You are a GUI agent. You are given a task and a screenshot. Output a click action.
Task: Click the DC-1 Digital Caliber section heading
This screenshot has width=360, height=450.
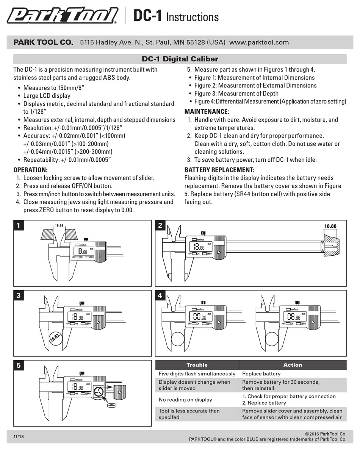coord(180,59)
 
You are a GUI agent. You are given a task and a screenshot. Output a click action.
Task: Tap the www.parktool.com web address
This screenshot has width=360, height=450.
coord(259,42)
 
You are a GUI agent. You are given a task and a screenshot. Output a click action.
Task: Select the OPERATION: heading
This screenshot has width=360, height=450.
coord(30,170)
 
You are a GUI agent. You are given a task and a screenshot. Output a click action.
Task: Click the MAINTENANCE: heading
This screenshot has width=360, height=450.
coord(207,112)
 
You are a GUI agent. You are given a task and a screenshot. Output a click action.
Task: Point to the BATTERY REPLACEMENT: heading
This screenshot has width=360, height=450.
coord(219,170)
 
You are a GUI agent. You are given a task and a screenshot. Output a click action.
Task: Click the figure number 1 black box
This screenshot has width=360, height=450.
coord(18,226)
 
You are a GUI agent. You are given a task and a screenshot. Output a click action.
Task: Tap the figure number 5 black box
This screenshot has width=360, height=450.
coord(18,366)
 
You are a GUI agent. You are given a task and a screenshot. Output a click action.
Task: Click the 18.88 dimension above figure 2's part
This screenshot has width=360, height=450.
coord(330,226)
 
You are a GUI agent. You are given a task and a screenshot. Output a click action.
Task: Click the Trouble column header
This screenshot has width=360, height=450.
coord(197,365)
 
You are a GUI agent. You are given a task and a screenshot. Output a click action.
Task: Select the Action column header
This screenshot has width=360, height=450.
coord(293,365)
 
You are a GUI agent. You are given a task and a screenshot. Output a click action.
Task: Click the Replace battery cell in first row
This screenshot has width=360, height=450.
coord(261,374)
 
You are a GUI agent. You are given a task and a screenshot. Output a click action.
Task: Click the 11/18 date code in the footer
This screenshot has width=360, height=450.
coord(19,437)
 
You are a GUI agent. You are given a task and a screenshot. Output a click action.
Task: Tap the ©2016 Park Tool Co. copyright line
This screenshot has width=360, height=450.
coord(326,433)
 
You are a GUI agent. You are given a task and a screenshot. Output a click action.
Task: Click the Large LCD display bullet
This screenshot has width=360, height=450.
coord(47,96)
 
